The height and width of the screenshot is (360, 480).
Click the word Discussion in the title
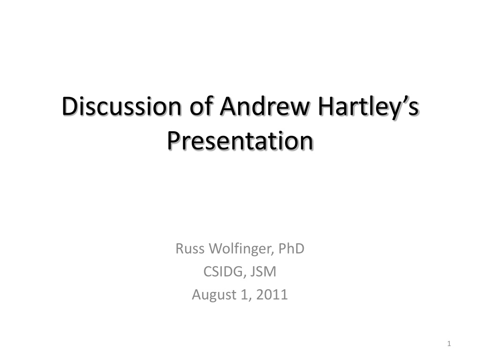121,106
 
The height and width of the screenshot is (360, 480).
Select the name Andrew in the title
265,106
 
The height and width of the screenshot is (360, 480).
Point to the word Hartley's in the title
368,108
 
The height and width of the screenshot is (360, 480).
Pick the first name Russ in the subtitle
190,248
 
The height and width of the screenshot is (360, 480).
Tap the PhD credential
291,248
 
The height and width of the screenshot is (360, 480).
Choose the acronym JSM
263,271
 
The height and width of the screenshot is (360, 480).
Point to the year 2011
272,294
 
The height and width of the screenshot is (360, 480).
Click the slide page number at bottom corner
449,344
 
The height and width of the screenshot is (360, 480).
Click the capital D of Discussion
69,106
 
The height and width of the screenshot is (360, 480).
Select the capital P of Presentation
173,141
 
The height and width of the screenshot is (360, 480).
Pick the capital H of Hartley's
325,106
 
